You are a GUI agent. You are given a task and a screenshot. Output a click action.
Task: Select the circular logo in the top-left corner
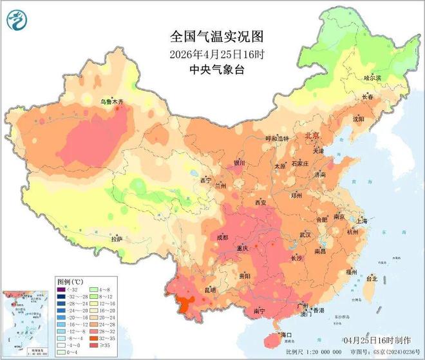(x=15, y=20)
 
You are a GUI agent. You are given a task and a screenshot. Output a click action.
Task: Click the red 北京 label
(x=312, y=136)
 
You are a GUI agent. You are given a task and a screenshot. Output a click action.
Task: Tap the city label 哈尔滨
(x=373, y=77)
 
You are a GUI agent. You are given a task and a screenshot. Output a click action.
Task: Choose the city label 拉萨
(x=116, y=238)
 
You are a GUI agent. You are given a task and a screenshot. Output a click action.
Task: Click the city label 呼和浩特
(x=263, y=138)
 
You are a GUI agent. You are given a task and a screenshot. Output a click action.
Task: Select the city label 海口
(x=285, y=335)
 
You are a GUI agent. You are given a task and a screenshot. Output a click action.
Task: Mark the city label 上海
(x=360, y=221)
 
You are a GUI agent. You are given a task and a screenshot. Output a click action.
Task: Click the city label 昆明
(x=210, y=290)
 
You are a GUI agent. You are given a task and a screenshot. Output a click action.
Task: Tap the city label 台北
(x=372, y=279)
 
